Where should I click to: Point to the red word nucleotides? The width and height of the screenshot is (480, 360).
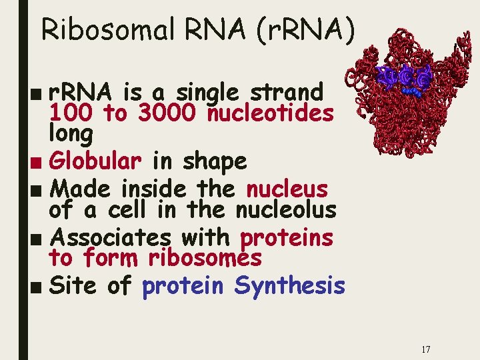click(x=270, y=113)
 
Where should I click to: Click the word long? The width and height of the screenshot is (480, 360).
click(x=71, y=134)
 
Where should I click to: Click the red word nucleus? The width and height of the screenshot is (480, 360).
click(x=287, y=189)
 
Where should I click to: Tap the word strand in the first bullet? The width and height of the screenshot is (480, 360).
click(x=285, y=92)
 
